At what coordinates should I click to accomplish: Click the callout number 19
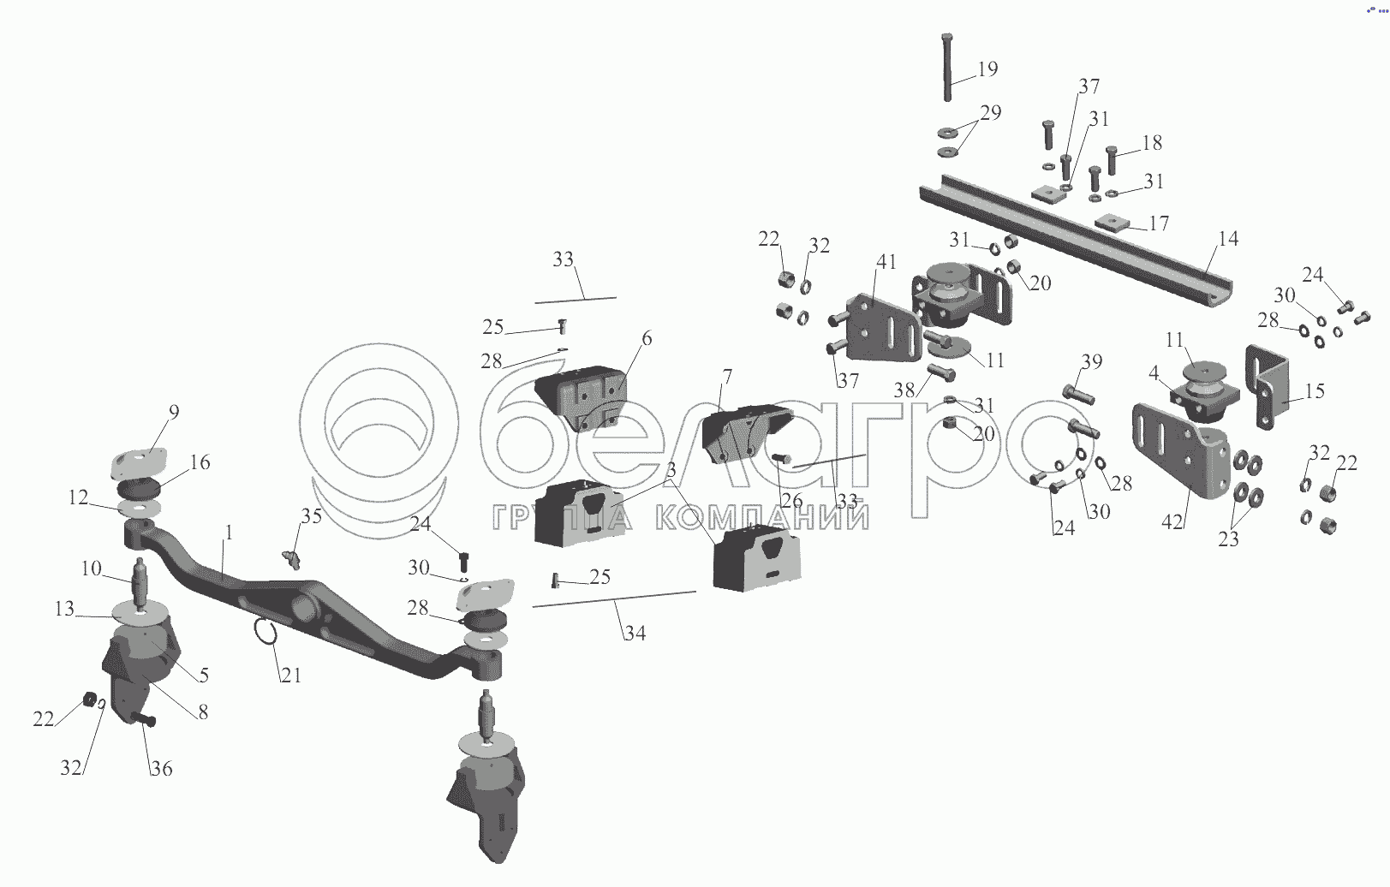(987, 69)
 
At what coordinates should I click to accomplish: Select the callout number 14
(1228, 239)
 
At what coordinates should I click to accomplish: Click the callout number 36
(162, 769)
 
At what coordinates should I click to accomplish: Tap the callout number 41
(886, 261)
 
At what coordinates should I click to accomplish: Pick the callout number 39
(1091, 362)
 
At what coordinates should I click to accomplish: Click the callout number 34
(635, 633)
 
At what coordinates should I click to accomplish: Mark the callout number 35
(311, 516)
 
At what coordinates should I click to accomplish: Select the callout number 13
(65, 609)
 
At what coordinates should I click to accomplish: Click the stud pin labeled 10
(140, 582)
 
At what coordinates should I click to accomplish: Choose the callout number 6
(646, 339)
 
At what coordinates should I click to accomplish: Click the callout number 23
(1228, 540)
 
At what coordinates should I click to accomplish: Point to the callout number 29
(991, 113)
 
